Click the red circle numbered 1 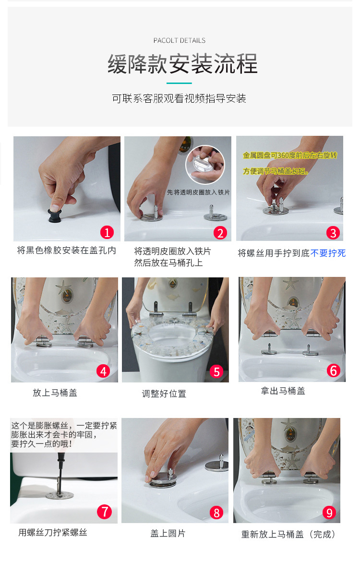pyautogui.click(x=107, y=232)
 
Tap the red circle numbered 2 pyautogui.click(x=220, y=233)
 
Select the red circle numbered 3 pyautogui.click(x=333, y=233)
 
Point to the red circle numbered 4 pyautogui.click(x=103, y=371)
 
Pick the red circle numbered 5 pyautogui.click(x=216, y=372)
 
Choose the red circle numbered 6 pyautogui.click(x=333, y=370)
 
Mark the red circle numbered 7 pyautogui.click(x=104, y=512)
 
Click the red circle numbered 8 pyautogui.click(x=216, y=513)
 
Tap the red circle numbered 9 pyautogui.click(x=329, y=513)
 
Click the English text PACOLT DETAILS pyautogui.click(x=180, y=40)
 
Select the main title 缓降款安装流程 pyautogui.click(x=182, y=64)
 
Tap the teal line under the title pyautogui.click(x=180, y=83)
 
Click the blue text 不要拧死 pyautogui.click(x=328, y=253)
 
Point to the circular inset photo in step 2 pyautogui.click(x=205, y=165)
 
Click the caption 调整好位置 pyautogui.click(x=164, y=394)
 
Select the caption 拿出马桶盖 pyautogui.click(x=283, y=391)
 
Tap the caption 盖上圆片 pyautogui.click(x=168, y=534)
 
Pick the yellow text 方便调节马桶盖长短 pyautogui.click(x=276, y=171)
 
